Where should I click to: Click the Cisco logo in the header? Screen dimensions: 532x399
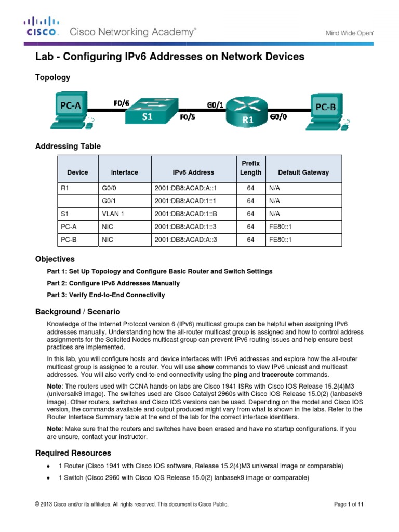click(42, 26)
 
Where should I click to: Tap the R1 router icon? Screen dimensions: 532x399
click(246, 113)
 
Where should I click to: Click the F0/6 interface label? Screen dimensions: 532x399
click(122, 103)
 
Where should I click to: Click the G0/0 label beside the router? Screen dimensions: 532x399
click(278, 118)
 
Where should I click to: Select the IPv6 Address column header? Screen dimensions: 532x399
click(193, 172)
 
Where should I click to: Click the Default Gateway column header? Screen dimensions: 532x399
click(303, 172)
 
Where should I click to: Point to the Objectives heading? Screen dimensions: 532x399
click(55, 259)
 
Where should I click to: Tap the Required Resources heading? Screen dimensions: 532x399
click(73, 453)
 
